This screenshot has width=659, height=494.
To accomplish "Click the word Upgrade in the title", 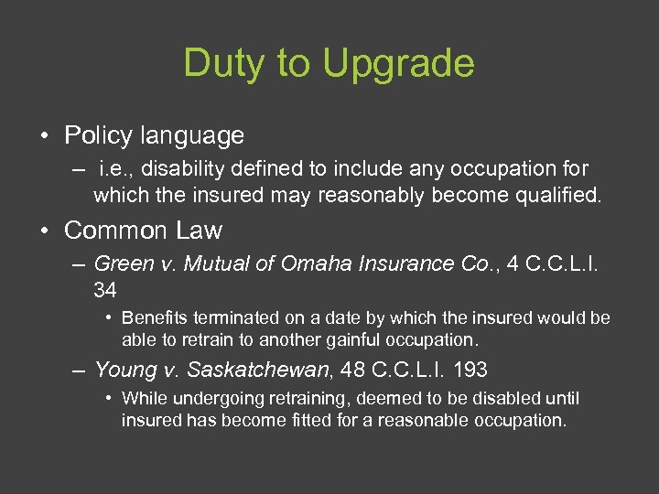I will [399, 63].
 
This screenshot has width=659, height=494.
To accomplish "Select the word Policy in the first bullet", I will [99, 135].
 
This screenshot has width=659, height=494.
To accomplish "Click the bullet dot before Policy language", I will [45, 136].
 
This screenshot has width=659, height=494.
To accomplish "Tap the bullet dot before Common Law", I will [45, 230].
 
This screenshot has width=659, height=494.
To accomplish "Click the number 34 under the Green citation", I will [105, 290].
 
